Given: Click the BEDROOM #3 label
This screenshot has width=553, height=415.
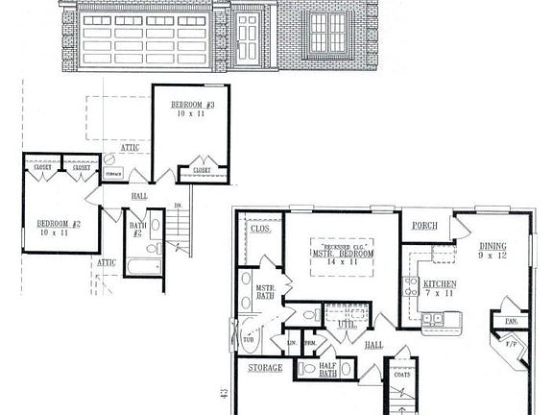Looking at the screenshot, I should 193,103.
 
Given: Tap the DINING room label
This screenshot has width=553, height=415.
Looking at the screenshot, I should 493,246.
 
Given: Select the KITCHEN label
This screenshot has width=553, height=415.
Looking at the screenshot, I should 441,284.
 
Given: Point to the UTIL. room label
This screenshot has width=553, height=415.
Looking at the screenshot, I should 347,325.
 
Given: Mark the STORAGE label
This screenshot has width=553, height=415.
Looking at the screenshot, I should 265,368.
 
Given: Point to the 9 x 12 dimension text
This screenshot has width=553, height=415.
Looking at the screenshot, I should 493,256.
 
